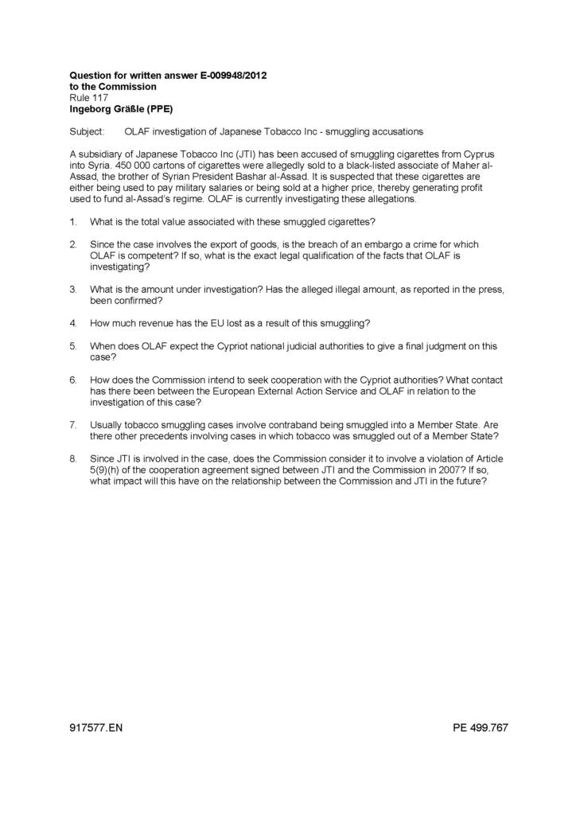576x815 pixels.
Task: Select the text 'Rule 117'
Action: pos(89,97)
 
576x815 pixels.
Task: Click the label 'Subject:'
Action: pos(87,131)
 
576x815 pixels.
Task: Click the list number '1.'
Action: pos(73,221)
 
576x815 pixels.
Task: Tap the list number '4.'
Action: pos(73,323)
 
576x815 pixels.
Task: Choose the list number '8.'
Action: pos(73,459)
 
